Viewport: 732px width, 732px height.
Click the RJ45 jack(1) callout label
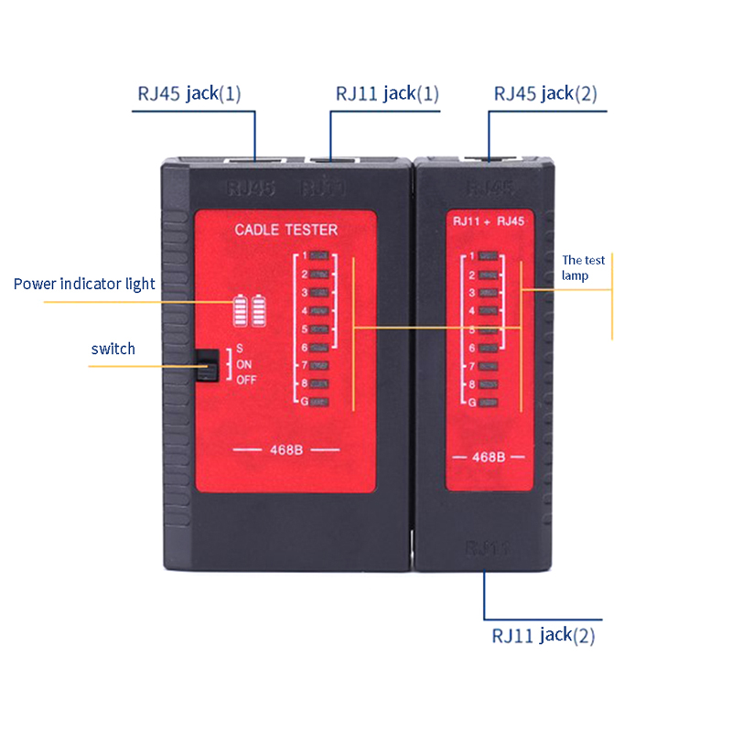coord(189,93)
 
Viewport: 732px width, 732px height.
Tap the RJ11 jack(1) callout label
coord(387,93)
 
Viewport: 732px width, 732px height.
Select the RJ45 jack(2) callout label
coord(546,93)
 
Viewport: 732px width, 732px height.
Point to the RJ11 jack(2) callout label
coord(544,635)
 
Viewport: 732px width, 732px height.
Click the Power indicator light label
coord(84,284)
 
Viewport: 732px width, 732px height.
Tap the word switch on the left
coord(113,349)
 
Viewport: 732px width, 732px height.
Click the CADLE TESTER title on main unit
coord(286,230)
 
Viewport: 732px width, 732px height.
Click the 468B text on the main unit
coord(286,450)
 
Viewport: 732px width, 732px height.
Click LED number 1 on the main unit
coord(319,257)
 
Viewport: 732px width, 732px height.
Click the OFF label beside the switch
coord(246,380)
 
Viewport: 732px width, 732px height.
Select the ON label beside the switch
coord(243,364)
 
